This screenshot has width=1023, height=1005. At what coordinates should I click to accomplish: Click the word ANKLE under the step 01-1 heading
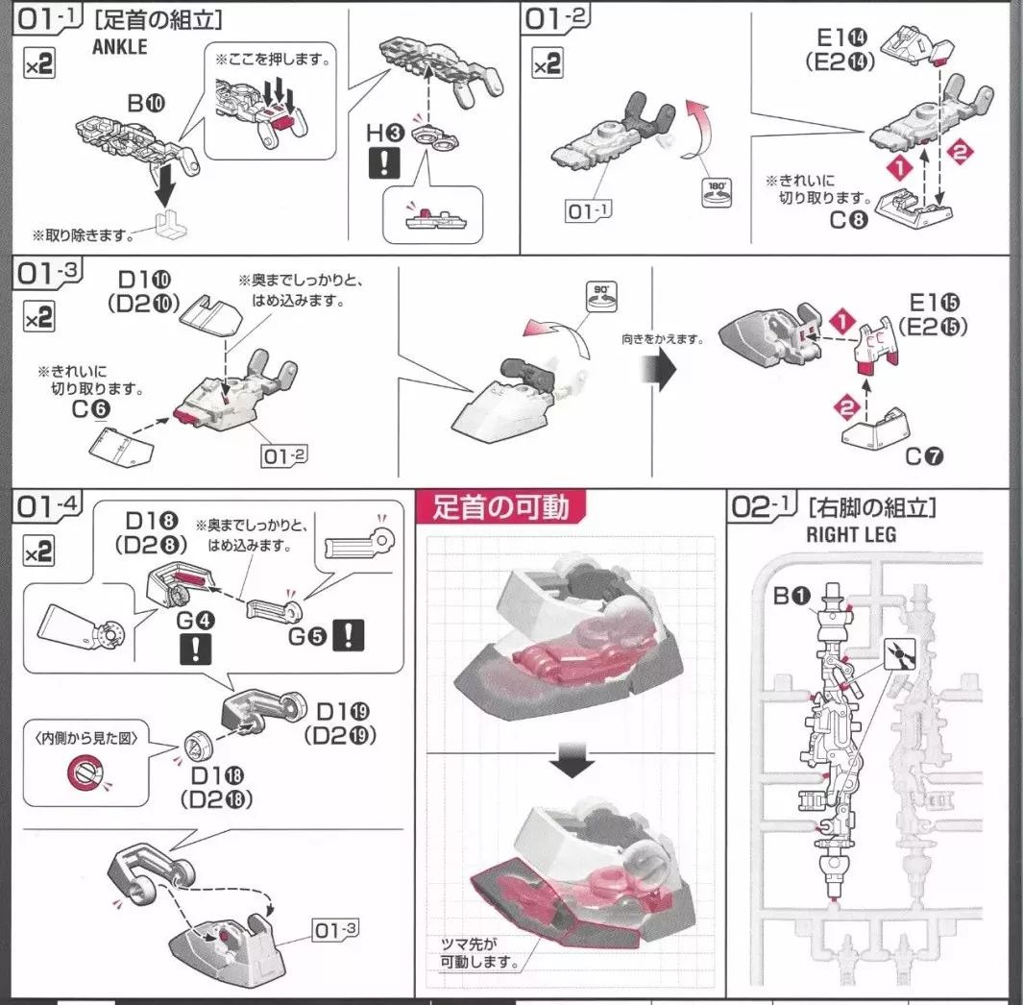coord(120,45)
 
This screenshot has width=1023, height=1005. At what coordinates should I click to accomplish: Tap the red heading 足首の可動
coord(500,506)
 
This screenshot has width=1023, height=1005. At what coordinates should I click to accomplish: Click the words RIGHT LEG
coord(851,534)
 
